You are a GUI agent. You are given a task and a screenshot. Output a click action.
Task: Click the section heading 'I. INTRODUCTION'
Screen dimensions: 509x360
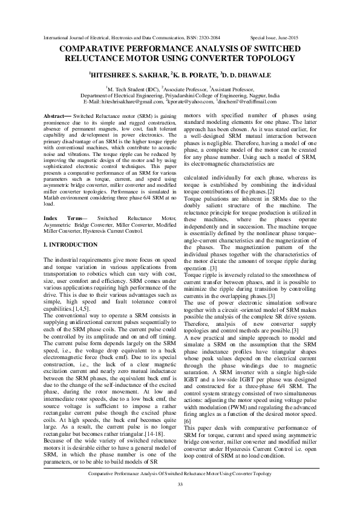pos(71,244)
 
